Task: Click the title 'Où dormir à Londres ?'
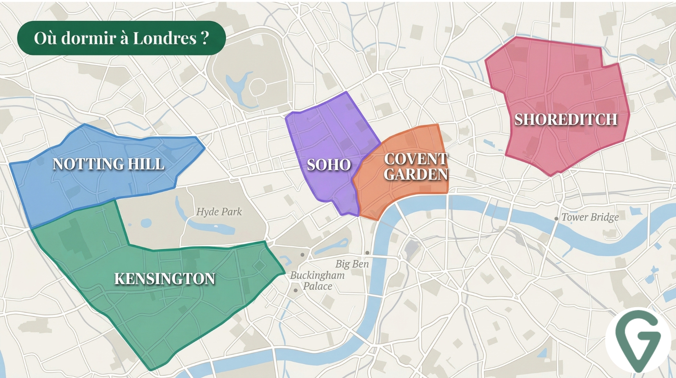coord(121,38)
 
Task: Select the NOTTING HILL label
coord(108,164)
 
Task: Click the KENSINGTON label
coord(165,279)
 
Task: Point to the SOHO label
coord(329,165)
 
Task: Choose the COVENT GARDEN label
coord(416,167)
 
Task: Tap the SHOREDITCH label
coord(566,119)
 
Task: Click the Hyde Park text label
coord(219,212)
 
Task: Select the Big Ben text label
coord(352,264)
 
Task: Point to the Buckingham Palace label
coord(318,281)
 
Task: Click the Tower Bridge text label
coord(590,217)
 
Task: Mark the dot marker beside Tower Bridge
coord(556,219)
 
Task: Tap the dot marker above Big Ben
coord(367,253)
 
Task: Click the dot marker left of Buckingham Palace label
coord(296,291)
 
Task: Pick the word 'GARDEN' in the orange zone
coord(416,174)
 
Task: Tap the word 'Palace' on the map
coord(318,286)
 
